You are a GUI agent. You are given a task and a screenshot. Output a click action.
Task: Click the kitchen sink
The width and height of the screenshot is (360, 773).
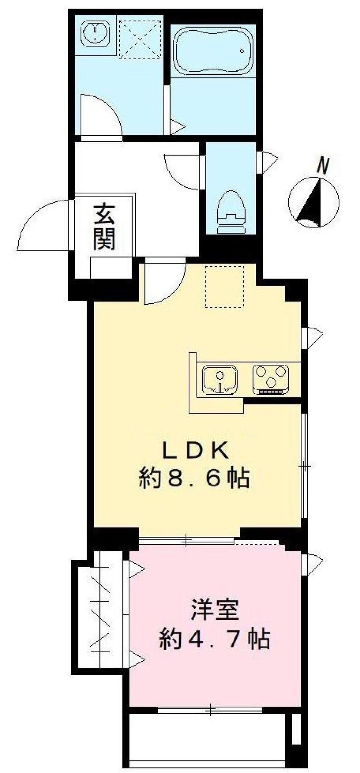pos(220,379)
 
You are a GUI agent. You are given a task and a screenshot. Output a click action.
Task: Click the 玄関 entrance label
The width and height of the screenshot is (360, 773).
pos(103,227)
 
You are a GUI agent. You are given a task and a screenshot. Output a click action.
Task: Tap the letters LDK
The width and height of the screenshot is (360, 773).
pos(195,451)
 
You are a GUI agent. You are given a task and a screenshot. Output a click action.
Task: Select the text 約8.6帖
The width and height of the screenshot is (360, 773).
pos(194,479)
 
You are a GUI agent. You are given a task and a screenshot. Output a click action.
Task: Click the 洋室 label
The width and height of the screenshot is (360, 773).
pos(215,610)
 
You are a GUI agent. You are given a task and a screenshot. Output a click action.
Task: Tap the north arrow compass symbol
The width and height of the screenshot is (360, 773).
pos(313,202)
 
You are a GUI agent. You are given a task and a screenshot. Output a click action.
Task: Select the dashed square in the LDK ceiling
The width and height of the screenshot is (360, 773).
pos(225,286)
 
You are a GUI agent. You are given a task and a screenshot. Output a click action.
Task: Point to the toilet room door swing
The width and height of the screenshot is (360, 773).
pos(181,172)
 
